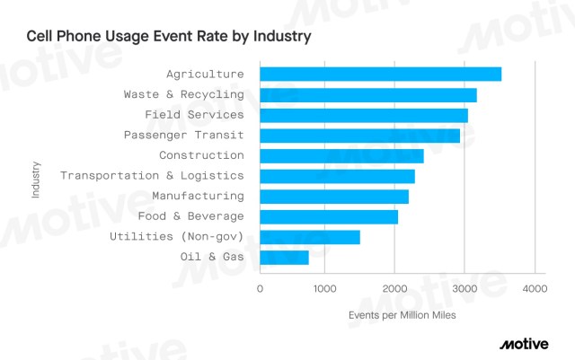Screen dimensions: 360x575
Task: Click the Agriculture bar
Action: (x=380, y=75)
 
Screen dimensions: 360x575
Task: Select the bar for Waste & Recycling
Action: (x=368, y=95)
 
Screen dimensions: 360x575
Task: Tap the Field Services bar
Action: (x=364, y=115)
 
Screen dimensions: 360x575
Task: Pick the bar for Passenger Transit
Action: (x=359, y=136)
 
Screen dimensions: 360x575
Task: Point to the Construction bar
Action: (x=341, y=156)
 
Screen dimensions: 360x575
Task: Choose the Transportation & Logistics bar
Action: (x=337, y=176)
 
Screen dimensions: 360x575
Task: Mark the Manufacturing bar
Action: (x=334, y=197)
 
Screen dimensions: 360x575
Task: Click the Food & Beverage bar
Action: (x=329, y=216)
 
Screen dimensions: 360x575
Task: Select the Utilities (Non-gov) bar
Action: (x=310, y=237)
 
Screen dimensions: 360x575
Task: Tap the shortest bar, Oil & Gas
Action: (x=284, y=258)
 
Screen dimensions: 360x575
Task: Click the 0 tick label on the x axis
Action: (x=260, y=288)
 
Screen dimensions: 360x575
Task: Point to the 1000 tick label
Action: (x=325, y=288)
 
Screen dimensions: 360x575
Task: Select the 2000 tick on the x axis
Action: (x=394, y=288)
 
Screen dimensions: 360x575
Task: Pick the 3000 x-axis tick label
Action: (x=464, y=288)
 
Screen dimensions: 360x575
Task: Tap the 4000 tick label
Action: (x=534, y=288)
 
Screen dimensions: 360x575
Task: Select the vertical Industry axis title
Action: (x=35, y=180)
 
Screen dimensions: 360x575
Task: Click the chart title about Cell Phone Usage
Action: (x=168, y=37)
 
